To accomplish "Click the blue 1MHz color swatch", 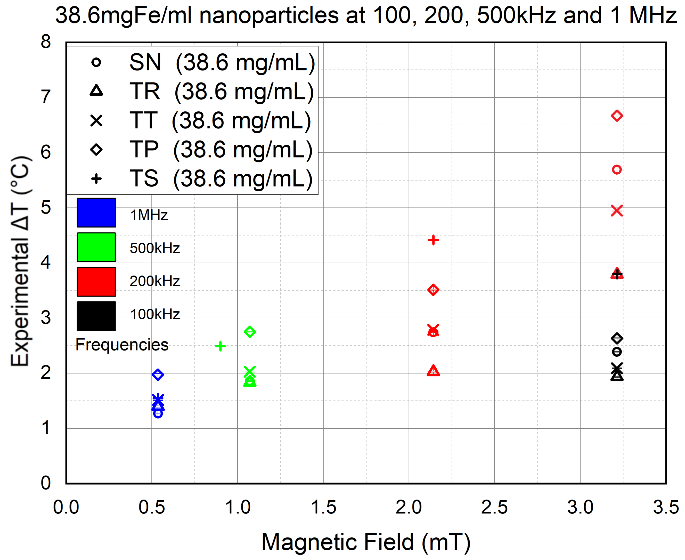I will (96, 212).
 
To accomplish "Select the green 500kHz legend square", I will (96, 247).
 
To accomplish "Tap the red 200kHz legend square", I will (96, 281).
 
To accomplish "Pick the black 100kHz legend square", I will (96, 316).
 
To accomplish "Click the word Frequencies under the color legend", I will (122, 345).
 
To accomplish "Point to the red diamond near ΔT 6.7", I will (617, 116).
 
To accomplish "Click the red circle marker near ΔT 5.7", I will (617, 170).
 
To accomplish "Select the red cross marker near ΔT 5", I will (617, 211).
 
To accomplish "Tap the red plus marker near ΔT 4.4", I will (433, 240).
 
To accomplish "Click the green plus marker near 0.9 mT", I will (220, 346).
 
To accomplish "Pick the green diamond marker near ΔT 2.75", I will (250, 332).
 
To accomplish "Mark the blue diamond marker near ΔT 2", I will (158, 374).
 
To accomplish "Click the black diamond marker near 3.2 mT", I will (617, 338).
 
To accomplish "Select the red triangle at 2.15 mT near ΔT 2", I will (433, 371).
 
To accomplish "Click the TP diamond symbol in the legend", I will (96, 150).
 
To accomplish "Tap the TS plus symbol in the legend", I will (96, 178).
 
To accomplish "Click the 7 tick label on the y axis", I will (46, 97).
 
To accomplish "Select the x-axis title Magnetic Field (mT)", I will (366, 542).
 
